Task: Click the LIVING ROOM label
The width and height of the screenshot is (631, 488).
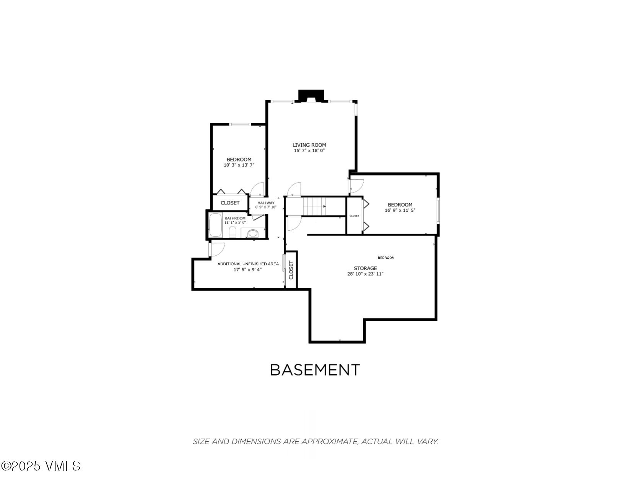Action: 309,145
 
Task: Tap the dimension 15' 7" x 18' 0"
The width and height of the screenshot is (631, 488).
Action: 309,151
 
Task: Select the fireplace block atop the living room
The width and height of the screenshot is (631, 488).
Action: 311,95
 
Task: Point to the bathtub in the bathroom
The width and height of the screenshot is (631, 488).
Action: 215,225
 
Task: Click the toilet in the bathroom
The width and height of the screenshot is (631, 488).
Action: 232,231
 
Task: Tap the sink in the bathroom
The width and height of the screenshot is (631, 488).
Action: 252,233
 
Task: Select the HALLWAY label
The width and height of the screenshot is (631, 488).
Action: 266,203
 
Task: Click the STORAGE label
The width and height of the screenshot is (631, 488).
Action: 365,268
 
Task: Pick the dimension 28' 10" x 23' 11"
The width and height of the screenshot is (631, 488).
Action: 365,274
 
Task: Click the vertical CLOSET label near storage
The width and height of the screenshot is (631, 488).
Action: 291,270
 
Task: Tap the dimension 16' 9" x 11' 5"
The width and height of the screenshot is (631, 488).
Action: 400,211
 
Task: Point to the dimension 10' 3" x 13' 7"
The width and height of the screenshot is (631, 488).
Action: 239,165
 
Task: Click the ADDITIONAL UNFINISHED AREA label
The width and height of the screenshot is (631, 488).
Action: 248,264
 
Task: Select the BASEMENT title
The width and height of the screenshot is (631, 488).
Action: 315,370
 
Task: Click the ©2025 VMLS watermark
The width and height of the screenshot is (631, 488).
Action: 41,466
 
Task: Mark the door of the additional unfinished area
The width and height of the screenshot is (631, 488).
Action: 216,250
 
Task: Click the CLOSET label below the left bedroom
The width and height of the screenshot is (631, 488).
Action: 230,203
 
